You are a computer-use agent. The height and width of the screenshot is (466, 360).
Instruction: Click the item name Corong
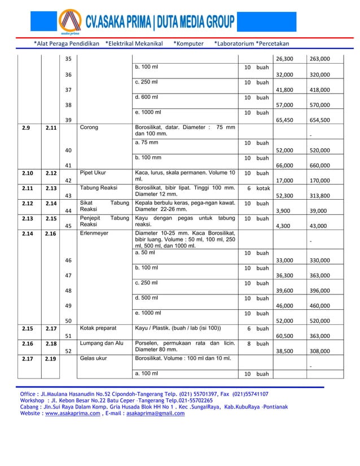(89, 128)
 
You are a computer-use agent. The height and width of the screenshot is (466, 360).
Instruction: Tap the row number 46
(68, 261)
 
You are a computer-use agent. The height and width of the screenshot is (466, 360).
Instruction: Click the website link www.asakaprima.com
(68, 413)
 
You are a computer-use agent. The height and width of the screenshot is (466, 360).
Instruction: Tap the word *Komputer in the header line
(188, 43)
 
